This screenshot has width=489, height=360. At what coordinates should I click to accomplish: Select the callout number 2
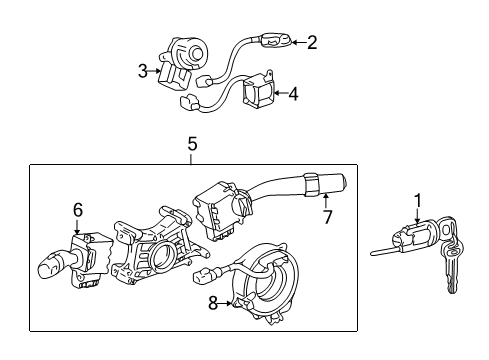pos(311,42)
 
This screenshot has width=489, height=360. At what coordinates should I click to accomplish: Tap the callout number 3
pos(143,70)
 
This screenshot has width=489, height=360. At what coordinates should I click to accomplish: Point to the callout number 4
pos(292,95)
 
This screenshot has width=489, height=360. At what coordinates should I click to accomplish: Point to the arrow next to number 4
pos(281,95)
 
